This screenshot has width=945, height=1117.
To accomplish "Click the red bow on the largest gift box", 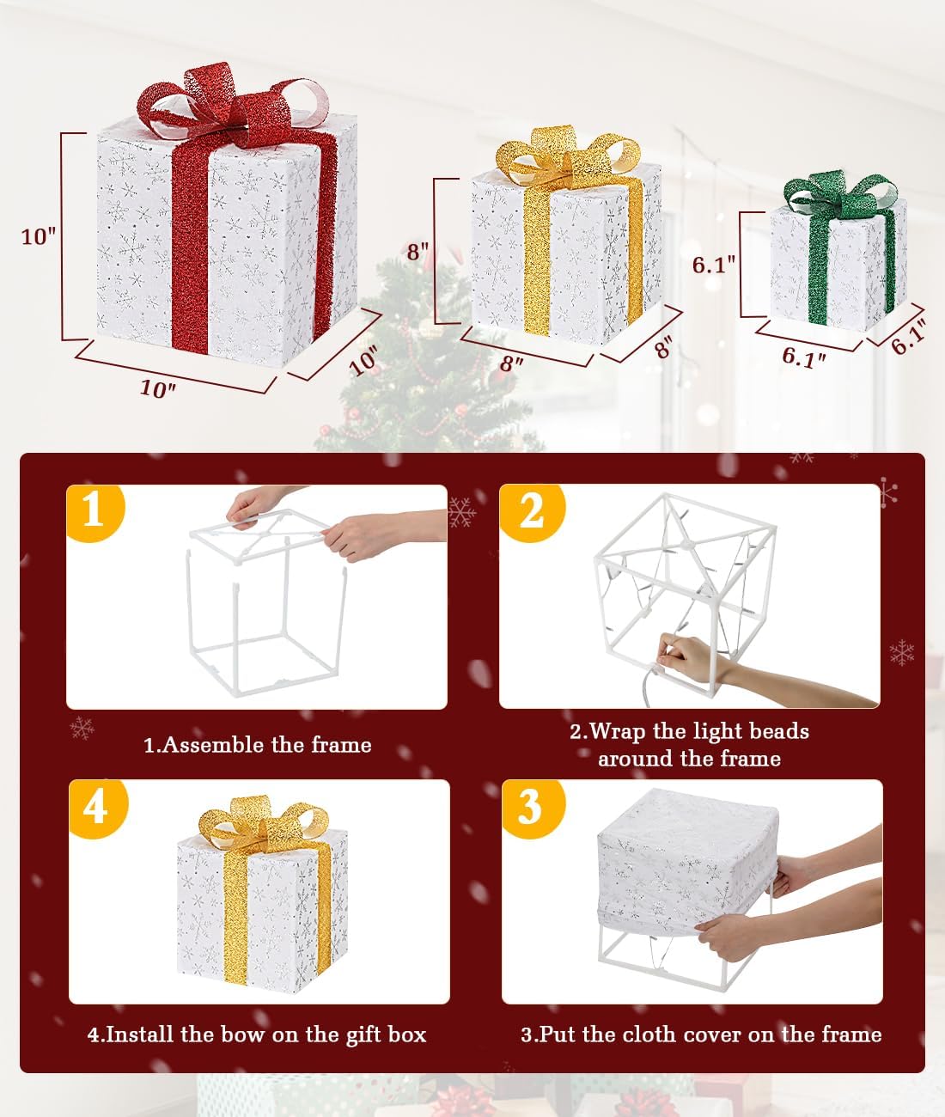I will (x=232, y=103).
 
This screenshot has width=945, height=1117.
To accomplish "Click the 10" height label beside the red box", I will (x=39, y=235).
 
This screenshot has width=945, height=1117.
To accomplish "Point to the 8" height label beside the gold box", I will (x=418, y=251).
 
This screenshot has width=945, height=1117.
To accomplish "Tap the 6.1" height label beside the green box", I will (x=715, y=264).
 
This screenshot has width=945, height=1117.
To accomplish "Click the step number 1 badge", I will (x=93, y=510).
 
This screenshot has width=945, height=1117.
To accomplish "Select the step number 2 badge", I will (x=531, y=510).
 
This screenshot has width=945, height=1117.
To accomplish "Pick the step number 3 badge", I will (x=530, y=806).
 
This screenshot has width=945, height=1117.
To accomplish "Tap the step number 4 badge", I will (x=95, y=806).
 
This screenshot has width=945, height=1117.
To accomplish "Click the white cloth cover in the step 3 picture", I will (x=679, y=859).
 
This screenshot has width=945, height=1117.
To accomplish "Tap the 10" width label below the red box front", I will (x=157, y=388).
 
